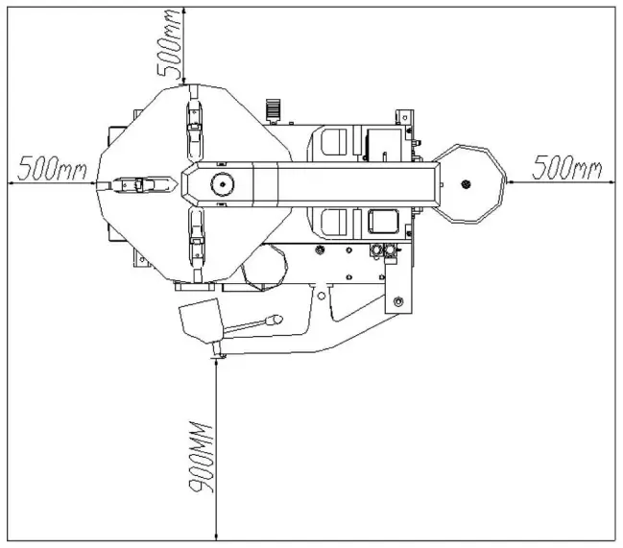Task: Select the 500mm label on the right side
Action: click(x=566, y=169)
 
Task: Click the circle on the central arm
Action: click(x=222, y=184)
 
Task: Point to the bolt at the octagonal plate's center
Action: click(x=467, y=184)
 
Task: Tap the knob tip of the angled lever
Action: click(x=275, y=318)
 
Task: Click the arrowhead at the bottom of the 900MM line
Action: click(x=218, y=534)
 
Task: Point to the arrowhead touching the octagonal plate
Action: click(x=509, y=183)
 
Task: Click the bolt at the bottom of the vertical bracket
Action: click(x=396, y=303)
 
